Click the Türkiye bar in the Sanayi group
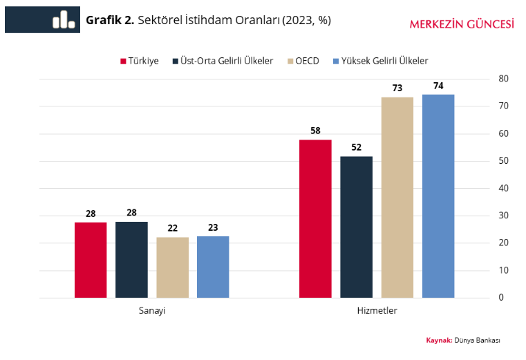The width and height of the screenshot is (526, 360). click(91, 260)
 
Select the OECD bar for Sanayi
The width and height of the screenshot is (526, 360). click(172, 267)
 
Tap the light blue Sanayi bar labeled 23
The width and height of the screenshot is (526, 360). click(213, 267)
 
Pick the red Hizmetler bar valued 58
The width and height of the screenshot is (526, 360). click(315, 218)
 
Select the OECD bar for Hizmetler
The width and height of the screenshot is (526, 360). click(397, 198)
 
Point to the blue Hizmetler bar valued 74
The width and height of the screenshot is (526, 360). click(438, 196)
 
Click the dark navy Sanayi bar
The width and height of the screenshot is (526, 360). click(131, 260)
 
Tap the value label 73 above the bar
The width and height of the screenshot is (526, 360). click(397, 88)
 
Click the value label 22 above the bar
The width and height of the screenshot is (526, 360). click(172, 227)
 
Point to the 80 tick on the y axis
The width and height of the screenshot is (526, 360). click(503, 79)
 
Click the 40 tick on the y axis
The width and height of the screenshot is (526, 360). click(503, 188)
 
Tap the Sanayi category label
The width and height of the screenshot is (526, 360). click(152, 311)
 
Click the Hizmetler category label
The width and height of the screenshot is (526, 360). click(377, 311)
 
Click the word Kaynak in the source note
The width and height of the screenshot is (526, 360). click(439, 341)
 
